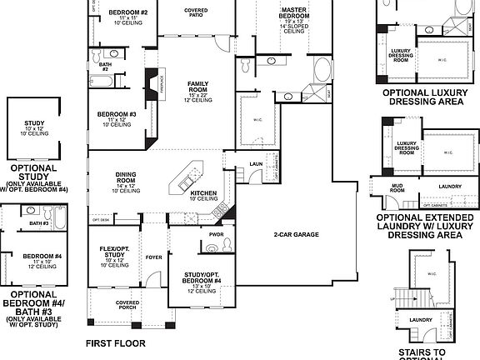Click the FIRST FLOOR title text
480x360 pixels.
coord(115,342)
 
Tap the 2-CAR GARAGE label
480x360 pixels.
coord(296,235)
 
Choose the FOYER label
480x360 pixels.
coord(154,257)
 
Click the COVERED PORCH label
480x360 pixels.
coord(127,305)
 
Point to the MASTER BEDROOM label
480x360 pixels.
coord(297,13)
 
